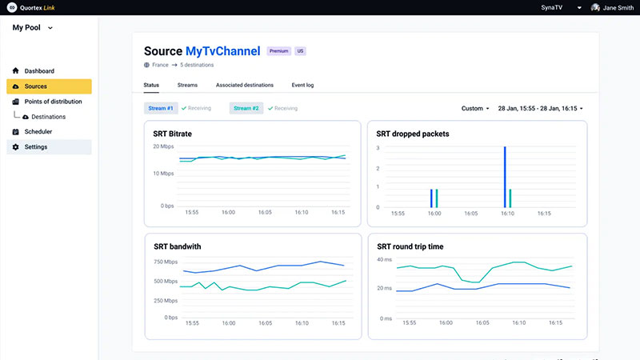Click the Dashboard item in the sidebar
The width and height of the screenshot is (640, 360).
pos(39,71)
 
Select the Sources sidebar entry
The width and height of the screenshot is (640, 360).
pos(35,86)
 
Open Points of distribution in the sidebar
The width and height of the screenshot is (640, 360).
pos(52,102)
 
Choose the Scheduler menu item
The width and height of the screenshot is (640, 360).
pos(38,131)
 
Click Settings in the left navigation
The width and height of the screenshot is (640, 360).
pos(35,147)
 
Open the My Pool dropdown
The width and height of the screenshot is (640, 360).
pos(33,28)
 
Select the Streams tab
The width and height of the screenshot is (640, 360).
pos(187,85)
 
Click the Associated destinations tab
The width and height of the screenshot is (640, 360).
pos(244,85)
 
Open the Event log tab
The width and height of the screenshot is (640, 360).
pos(303,85)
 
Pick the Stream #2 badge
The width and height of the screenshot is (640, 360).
pos(246,108)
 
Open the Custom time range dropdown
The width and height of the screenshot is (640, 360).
pos(475,108)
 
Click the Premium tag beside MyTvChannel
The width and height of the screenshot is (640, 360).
pos(279,51)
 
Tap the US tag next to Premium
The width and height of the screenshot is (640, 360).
pos(300,51)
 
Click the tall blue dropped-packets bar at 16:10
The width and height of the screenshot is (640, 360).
pos(505,177)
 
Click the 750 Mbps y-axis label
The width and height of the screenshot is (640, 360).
pos(166,262)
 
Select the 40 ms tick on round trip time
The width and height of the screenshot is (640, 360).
pos(383,260)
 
